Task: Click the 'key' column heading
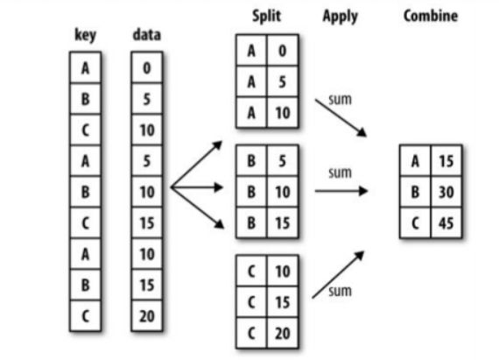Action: click(85, 35)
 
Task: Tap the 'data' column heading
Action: click(147, 35)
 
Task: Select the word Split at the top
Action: click(266, 16)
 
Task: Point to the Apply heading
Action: click(341, 17)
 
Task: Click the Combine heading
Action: click(431, 16)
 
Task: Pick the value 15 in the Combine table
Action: click(446, 161)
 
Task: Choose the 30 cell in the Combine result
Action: click(446, 192)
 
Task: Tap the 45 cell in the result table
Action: click(446, 222)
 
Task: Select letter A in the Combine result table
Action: click(415, 161)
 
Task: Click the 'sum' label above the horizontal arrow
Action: click(340, 173)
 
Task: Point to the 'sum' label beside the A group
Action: click(340, 100)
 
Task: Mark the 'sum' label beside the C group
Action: click(340, 292)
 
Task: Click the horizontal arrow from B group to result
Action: click(341, 191)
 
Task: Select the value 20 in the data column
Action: click(147, 316)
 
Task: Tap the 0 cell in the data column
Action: click(147, 67)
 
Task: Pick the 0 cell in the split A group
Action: click(282, 51)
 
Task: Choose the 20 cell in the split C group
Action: click(282, 333)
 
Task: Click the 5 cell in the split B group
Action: click(282, 161)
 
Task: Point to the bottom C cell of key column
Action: click(85, 316)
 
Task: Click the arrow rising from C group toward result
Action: click(338, 275)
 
